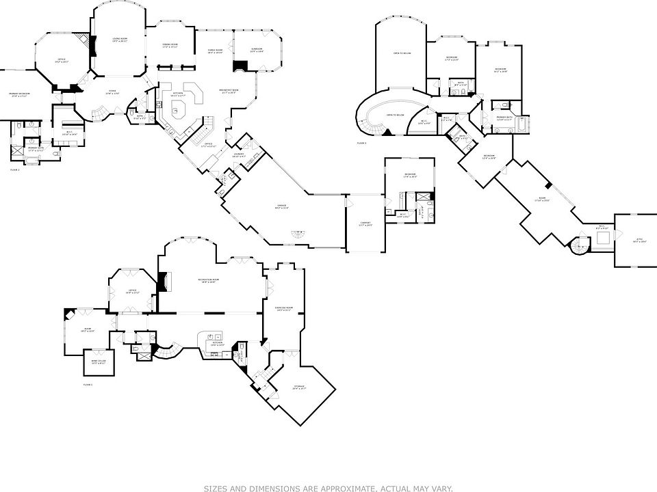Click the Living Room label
[120, 40]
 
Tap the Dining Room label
[170, 46]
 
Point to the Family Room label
[215, 52]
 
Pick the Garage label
[281, 206]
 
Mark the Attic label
[639, 241]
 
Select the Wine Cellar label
[99, 362]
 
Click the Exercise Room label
[284, 309]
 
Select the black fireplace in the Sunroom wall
[240, 66]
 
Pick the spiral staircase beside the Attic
[580, 246]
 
